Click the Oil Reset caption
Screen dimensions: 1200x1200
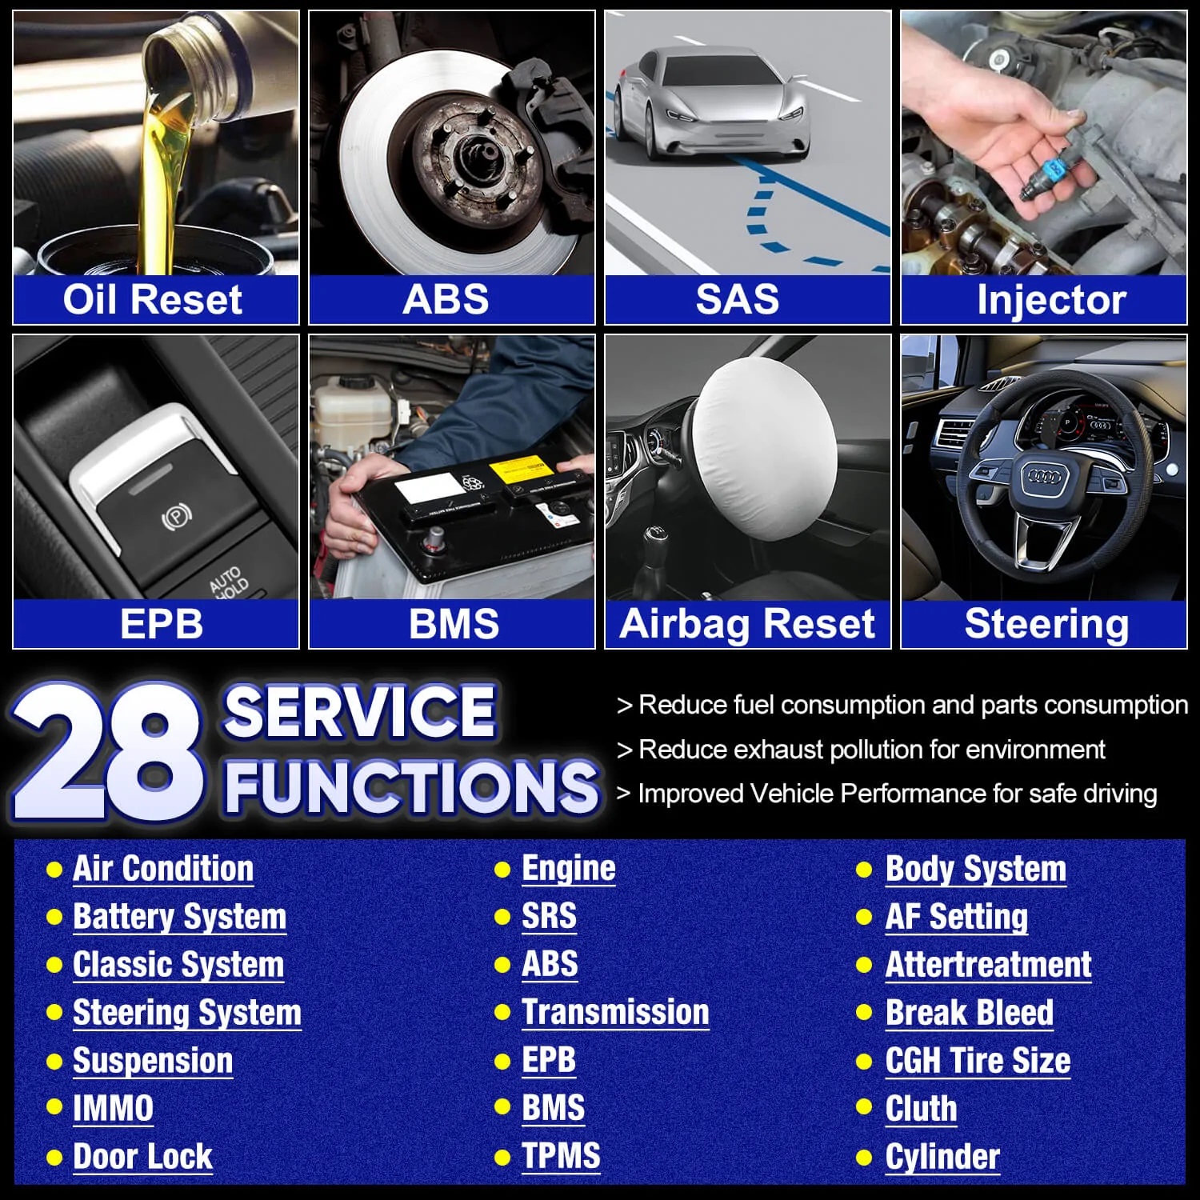pyautogui.click(x=152, y=300)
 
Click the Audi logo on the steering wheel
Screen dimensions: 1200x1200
pyautogui.click(x=1044, y=477)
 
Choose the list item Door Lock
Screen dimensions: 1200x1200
pyautogui.click(x=142, y=1157)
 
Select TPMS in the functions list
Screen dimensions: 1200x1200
pyautogui.click(x=561, y=1156)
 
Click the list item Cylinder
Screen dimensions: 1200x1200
pyautogui.click(x=942, y=1157)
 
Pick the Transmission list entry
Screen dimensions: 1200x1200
pyautogui.click(x=615, y=1012)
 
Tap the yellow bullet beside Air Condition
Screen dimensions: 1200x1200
pyautogui.click(x=54, y=870)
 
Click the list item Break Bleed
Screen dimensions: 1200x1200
pyautogui.click(x=970, y=1013)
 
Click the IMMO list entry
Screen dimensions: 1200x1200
pyautogui.click(x=113, y=1109)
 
